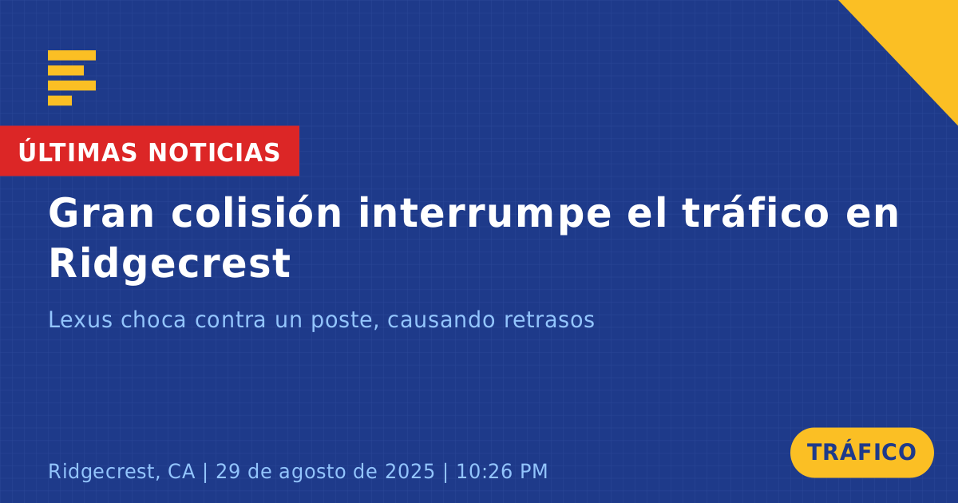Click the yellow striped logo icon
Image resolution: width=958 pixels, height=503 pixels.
tap(72, 78)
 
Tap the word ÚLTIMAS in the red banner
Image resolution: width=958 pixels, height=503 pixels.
tap(77, 152)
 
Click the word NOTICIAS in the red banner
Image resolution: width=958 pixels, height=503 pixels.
tap(214, 152)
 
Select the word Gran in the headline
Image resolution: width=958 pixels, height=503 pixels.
tap(101, 213)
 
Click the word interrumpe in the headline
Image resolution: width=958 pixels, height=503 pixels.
tap(485, 215)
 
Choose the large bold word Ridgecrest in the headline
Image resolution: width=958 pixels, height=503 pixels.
tap(170, 263)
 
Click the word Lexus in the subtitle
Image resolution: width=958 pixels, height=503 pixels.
tap(81, 319)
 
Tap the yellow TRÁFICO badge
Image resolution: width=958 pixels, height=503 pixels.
tap(861, 452)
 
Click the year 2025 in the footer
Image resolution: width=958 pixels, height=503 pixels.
tap(410, 471)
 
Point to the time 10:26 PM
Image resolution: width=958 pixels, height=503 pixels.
tap(502, 471)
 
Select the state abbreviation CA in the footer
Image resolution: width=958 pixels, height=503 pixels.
tap(181, 471)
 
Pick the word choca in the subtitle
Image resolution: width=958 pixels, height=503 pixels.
tap(153, 319)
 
